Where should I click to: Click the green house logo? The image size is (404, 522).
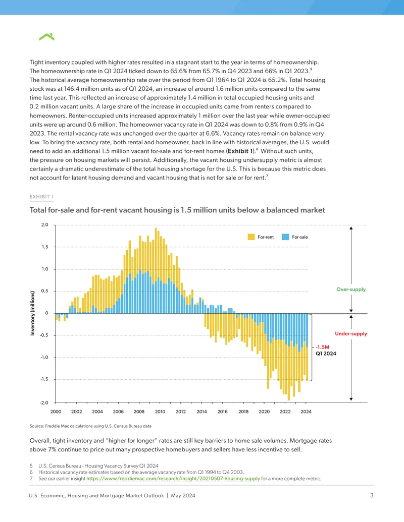(46, 37)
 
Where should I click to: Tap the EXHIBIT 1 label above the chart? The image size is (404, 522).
(41, 197)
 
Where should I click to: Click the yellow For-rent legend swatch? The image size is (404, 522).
(251, 237)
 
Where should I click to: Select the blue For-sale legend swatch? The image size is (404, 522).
(285, 237)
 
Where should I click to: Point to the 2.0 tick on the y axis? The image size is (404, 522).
(44, 225)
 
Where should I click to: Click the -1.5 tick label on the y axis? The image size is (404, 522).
(44, 379)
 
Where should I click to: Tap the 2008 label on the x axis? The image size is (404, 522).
(139, 412)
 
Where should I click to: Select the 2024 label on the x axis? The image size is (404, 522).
(306, 412)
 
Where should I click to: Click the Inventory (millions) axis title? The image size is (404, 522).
(32, 313)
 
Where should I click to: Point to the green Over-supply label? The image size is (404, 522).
(351, 289)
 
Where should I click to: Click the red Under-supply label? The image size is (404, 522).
(351, 333)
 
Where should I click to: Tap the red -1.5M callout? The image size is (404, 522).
(322, 347)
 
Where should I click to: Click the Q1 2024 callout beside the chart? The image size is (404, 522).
(326, 354)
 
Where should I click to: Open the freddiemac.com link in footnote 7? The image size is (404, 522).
(173, 479)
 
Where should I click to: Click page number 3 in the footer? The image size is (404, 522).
(372, 495)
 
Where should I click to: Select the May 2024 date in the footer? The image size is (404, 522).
(183, 496)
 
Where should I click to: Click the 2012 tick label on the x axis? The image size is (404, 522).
(181, 412)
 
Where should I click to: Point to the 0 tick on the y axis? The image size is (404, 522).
(46, 313)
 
